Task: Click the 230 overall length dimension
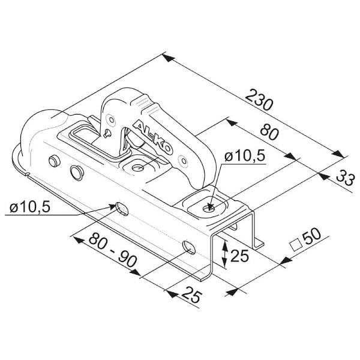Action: coord(259,100)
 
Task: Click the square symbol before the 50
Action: coord(295,245)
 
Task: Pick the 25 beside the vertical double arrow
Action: coord(239,256)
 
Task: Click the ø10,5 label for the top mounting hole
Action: coord(245,157)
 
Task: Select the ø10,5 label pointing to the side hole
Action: coord(30,208)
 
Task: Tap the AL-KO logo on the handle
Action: coord(152,137)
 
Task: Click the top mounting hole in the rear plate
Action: coord(209,208)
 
